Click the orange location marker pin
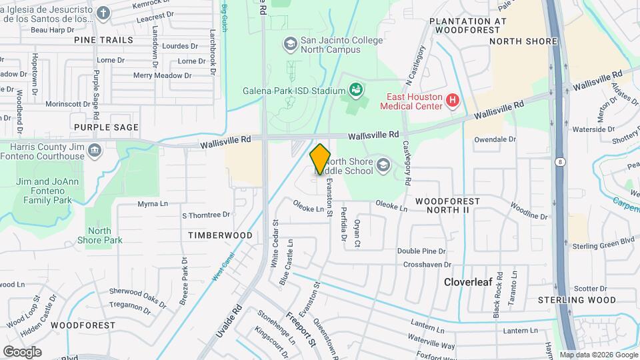[320, 159]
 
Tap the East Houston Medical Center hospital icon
[453, 101]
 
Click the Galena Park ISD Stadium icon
[355, 90]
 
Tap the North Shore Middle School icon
[383, 164]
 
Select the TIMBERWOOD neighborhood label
[220, 235]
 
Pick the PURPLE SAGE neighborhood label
[107, 127]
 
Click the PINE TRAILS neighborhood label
[103, 40]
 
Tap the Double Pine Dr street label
[421, 251]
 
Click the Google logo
[22, 351]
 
